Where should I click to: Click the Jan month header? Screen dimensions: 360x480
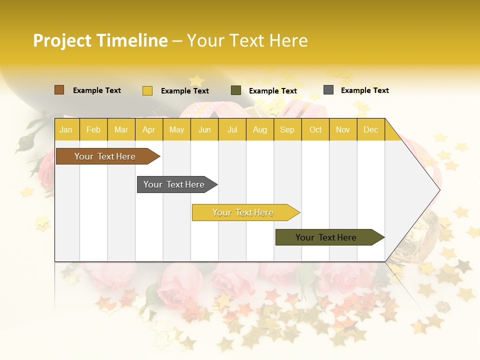[x=66, y=129]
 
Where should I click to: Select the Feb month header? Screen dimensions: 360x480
[x=93, y=129]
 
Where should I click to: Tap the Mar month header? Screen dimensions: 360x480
[x=121, y=129]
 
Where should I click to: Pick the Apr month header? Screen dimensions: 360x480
[x=148, y=129]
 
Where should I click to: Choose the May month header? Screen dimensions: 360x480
[x=176, y=129]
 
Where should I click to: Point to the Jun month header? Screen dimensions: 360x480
[x=204, y=129]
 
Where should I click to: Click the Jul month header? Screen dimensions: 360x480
[x=232, y=129]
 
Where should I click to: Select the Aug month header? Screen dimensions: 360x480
[x=259, y=129]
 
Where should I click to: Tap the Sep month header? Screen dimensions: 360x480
[x=287, y=129]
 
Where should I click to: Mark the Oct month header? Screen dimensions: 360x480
[x=315, y=129]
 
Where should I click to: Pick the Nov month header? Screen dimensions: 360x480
[x=343, y=129]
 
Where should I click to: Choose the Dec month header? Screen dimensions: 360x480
[x=370, y=129]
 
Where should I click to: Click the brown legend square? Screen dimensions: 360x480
[x=59, y=90]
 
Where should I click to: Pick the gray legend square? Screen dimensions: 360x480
[x=328, y=90]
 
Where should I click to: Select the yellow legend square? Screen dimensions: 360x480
[x=147, y=90]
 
